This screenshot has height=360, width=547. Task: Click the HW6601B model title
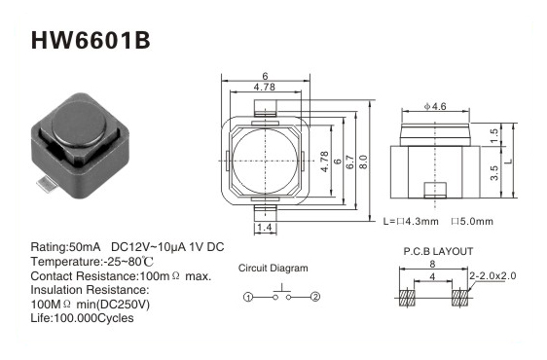point(91,41)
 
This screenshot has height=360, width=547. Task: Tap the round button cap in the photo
point(79,124)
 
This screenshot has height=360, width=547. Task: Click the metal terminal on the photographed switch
point(47,184)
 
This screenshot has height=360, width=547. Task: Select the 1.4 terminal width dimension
point(265,228)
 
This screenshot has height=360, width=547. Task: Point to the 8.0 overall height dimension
point(363,162)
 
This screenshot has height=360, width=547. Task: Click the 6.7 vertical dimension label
point(350,162)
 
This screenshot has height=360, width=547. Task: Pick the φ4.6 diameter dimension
point(435,106)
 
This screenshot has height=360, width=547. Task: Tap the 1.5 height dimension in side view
point(494,135)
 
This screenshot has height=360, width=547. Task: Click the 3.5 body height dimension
point(494,173)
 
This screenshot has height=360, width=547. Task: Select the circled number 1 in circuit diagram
point(247,297)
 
